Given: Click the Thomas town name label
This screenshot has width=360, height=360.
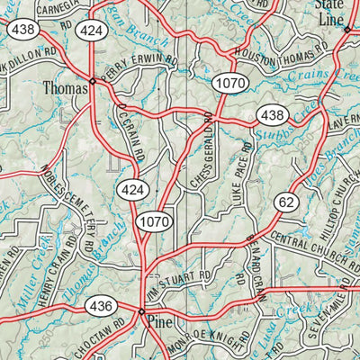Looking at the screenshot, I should point(66,88).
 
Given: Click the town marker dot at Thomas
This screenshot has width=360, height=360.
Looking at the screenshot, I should point(93,81).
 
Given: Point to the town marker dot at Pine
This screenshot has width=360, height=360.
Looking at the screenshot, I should point(141,311).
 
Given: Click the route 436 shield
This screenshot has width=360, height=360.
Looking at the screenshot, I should point(101,307).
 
